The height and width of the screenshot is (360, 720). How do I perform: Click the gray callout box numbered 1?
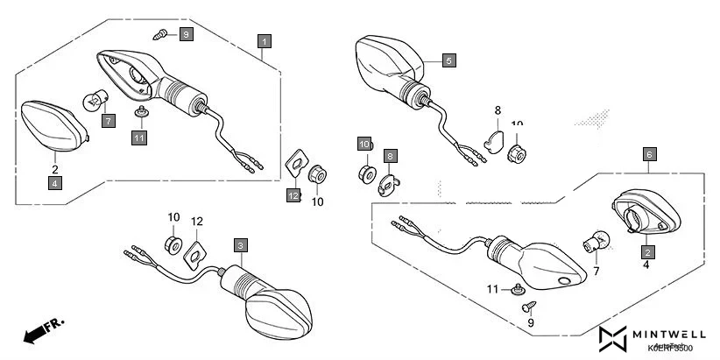coord(264,40)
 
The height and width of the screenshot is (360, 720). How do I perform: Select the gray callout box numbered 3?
coord(240,245)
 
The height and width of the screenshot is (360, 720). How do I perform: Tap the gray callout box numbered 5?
coord(448,60)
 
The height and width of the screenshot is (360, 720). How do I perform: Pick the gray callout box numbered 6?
coord(648,154)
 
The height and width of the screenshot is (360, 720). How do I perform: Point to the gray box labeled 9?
coord(187,34)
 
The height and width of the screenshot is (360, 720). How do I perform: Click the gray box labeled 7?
coord(108,121)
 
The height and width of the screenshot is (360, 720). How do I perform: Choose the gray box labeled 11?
coord(139,138)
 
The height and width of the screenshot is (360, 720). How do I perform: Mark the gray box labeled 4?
coord(54,183)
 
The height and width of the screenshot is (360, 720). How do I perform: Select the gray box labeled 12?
coord(292,195)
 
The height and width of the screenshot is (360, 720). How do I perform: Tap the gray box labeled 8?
coord(390,155)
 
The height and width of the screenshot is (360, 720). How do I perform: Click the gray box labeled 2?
coord(647,251)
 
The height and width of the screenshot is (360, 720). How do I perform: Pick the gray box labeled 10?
coord(364,144)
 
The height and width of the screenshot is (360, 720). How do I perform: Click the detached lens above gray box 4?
coord(55,124)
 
